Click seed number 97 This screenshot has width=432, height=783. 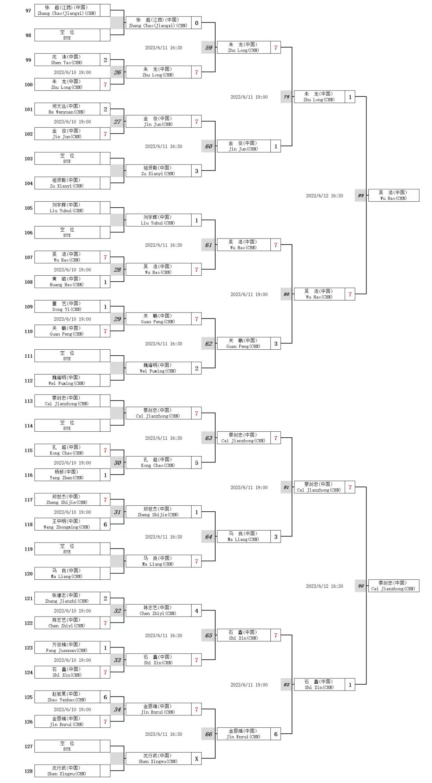(28, 10)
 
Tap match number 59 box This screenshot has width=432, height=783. (209, 48)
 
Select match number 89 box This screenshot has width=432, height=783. (361, 196)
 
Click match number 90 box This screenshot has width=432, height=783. (361, 586)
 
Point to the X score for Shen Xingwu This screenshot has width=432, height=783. (196, 759)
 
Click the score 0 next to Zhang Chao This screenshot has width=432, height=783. (196, 23)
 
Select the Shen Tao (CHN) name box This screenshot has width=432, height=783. (67, 60)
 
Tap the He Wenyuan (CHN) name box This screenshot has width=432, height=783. (67, 109)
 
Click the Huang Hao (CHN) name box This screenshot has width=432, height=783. (67, 282)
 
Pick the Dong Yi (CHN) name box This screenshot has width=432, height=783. (67, 306)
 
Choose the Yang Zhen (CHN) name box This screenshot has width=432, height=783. (67, 475)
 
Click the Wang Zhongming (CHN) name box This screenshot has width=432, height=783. (67, 524)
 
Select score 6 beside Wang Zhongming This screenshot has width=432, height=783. (105, 525)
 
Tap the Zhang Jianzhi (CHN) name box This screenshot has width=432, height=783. (67, 598)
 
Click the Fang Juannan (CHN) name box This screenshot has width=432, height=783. (67, 647)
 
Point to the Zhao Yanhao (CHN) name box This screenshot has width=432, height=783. (67, 697)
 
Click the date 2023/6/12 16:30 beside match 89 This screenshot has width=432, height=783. (324, 196)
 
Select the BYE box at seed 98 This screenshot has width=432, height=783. (67, 35)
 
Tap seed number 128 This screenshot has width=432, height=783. (28, 771)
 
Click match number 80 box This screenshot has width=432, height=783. (286, 294)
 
